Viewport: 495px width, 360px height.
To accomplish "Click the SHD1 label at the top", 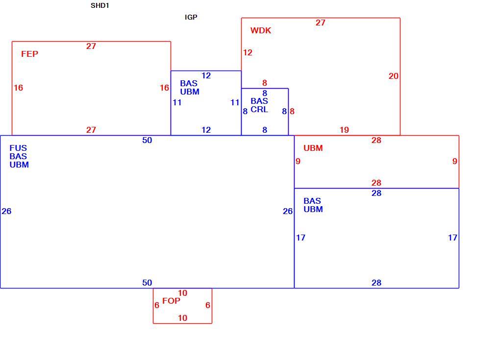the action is [100, 6].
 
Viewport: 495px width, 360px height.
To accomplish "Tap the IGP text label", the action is [191, 17].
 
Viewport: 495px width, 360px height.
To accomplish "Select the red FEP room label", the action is [30, 54].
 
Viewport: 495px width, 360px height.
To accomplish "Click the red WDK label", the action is [261, 30].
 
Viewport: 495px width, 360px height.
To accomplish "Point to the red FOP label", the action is [171, 301].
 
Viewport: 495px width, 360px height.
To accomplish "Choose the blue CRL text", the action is [259, 110].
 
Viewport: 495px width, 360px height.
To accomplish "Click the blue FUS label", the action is [18, 148].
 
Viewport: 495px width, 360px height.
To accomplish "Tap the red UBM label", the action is [313, 148].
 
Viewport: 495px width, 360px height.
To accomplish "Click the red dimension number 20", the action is [394, 76].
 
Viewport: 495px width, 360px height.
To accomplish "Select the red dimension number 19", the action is [344, 130].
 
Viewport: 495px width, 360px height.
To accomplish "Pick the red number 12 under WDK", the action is [247, 53].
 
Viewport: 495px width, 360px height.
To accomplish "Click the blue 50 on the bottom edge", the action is [147, 283].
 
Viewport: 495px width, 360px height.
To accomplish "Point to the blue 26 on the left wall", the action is [6, 211].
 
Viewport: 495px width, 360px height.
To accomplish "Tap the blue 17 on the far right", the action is [452, 238].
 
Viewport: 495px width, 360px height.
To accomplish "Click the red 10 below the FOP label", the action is [182, 318].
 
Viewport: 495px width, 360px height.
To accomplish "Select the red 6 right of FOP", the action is [208, 306].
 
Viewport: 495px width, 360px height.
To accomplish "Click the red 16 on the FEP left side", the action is [18, 88].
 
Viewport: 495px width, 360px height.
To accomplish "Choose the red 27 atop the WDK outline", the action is [321, 23].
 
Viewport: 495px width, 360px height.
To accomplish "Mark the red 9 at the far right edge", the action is [455, 161].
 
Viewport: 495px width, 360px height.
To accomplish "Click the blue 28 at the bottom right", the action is [376, 283].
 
